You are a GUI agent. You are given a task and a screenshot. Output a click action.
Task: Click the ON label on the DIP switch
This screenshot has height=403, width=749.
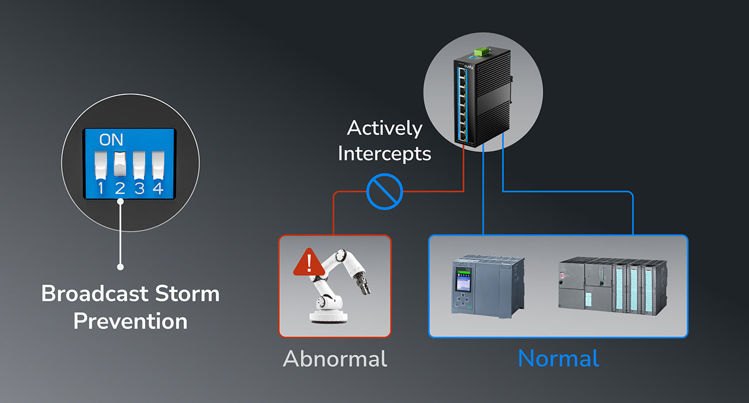(x=111, y=140)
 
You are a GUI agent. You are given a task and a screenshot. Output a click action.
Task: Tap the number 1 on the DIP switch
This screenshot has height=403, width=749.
(x=101, y=188)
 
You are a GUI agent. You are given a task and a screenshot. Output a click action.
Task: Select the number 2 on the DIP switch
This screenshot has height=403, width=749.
(x=120, y=188)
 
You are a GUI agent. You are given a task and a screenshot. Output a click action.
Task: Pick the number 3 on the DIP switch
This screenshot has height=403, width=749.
(x=139, y=188)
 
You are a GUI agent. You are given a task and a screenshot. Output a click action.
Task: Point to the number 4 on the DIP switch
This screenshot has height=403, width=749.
(x=158, y=188)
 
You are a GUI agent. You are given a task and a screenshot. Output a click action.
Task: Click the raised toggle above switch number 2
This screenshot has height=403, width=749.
(x=120, y=164)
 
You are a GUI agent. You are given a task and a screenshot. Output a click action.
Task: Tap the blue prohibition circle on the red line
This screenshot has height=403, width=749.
(x=385, y=192)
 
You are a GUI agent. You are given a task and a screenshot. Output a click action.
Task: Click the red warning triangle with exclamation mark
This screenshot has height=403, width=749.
(x=309, y=263)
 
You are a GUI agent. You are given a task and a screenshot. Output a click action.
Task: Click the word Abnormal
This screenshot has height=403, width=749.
(x=335, y=359)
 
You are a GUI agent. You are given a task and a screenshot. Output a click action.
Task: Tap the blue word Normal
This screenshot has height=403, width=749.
(x=558, y=359)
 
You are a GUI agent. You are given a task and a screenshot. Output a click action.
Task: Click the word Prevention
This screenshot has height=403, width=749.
(x=130, y=321)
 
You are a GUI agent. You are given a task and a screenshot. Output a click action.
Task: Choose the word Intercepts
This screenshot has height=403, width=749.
(x=384, y=153)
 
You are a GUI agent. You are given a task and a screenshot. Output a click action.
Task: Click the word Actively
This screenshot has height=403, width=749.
(x=384, y=128)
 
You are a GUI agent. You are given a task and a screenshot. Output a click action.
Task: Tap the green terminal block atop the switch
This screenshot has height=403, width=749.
(x=481, y=52)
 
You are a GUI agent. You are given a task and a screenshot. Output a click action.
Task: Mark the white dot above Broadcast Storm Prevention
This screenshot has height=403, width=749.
(x=120, y=267)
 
